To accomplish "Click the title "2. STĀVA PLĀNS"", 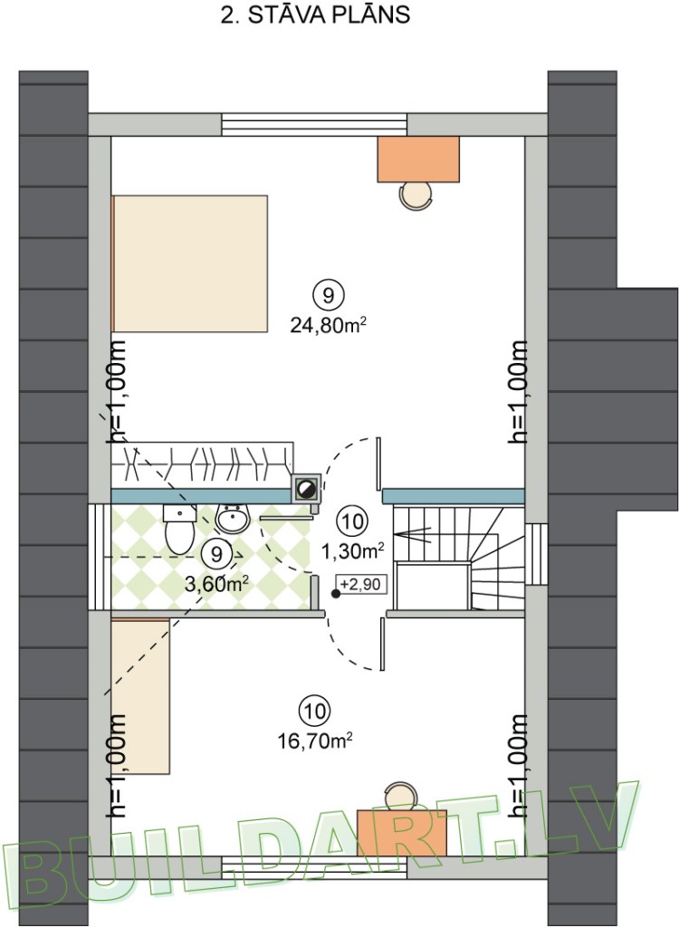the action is tap(315, 15).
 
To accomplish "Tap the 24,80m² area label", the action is tap(328, 324).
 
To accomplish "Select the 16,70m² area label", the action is tap(315, 740).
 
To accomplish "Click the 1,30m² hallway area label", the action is tap(353, 551).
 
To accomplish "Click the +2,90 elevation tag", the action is tap(360, 584).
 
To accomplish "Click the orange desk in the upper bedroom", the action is tap(419, 159).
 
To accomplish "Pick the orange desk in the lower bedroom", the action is tap(402, 833).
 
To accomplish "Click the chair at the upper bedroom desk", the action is tap(416, 196).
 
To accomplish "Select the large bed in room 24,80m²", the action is tap(190, 263).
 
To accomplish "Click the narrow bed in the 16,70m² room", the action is tap(140, 696).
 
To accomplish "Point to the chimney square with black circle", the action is tap(306, 488).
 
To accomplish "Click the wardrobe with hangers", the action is tap(202, 464).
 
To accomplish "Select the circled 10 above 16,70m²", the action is tap(315, 711).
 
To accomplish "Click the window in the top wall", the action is tap(314, 125).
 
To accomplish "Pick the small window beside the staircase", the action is tap(536, 554).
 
